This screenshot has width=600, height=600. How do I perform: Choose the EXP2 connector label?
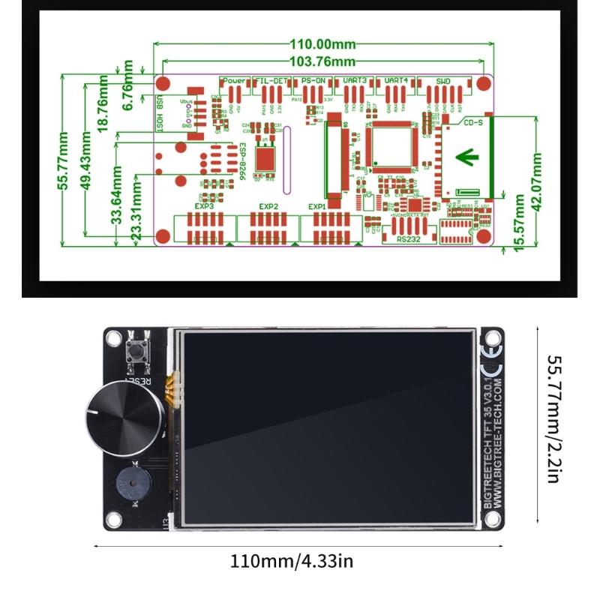268,206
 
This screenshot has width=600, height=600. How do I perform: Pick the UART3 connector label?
355,80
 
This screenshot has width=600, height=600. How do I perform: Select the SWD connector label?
442,80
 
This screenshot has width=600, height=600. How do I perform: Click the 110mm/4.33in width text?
292,560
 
